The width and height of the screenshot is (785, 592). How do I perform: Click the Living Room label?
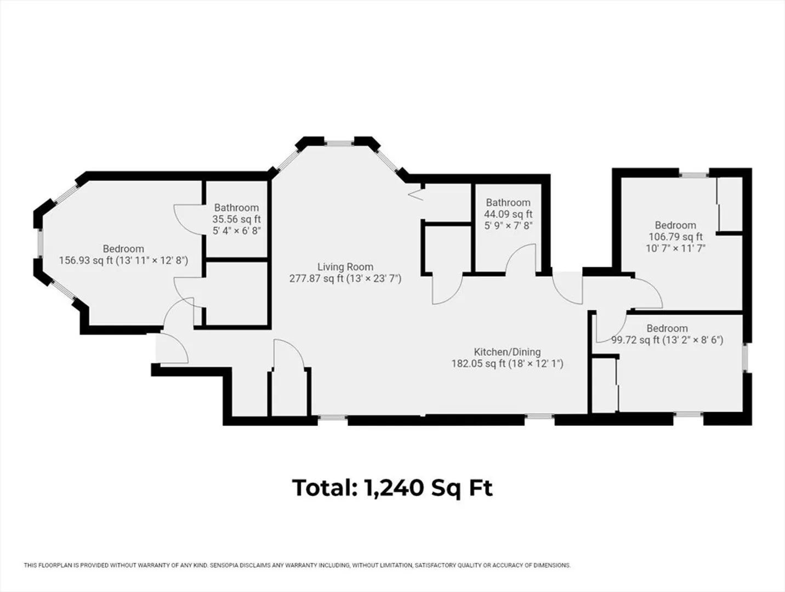pyautogui.click(x=345, y=267)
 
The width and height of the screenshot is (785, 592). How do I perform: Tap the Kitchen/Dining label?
pyautogui.click(x=507, y=352)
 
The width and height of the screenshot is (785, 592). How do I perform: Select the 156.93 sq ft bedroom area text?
pyautogui.click(x=123, y=260)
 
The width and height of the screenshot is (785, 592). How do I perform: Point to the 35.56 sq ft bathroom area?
pyautogui.click(x=236, y=219)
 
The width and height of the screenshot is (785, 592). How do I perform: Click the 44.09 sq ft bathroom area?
pyautogui.click(x=508, y=214)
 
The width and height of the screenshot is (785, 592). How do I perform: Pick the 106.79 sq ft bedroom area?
pyautogui.click(x=675, y=237)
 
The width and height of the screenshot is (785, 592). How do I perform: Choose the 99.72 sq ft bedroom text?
pyautogui.click(x=667, y=340)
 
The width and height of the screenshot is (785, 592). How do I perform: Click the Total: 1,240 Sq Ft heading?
pyautogui.click(x=392, y=488)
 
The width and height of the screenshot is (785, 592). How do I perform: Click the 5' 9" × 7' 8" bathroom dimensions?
pyautogui.click(x=508, y=226)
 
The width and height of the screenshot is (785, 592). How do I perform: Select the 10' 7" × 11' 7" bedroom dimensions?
pyautogui.click(x=675, y=248)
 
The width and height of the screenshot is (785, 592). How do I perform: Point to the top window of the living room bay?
pyautogui.click(x=339, y=144)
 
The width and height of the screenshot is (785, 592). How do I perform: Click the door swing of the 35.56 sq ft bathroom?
pyautogui.click(x=189, y=220)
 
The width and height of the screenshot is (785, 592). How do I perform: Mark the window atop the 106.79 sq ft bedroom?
pyautogui.click(x=694, y=175)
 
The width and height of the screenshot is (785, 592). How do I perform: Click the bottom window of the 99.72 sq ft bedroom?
pyautogui.click(x=689, y=414)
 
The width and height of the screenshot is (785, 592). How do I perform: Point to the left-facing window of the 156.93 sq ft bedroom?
pyautogui.click(x=41, y=243)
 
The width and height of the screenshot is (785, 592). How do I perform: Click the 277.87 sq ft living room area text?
pyautogui.click(x=345, y=278)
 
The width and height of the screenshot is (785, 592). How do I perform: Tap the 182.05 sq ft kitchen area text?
pyautogui.click(x=508, y=363)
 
